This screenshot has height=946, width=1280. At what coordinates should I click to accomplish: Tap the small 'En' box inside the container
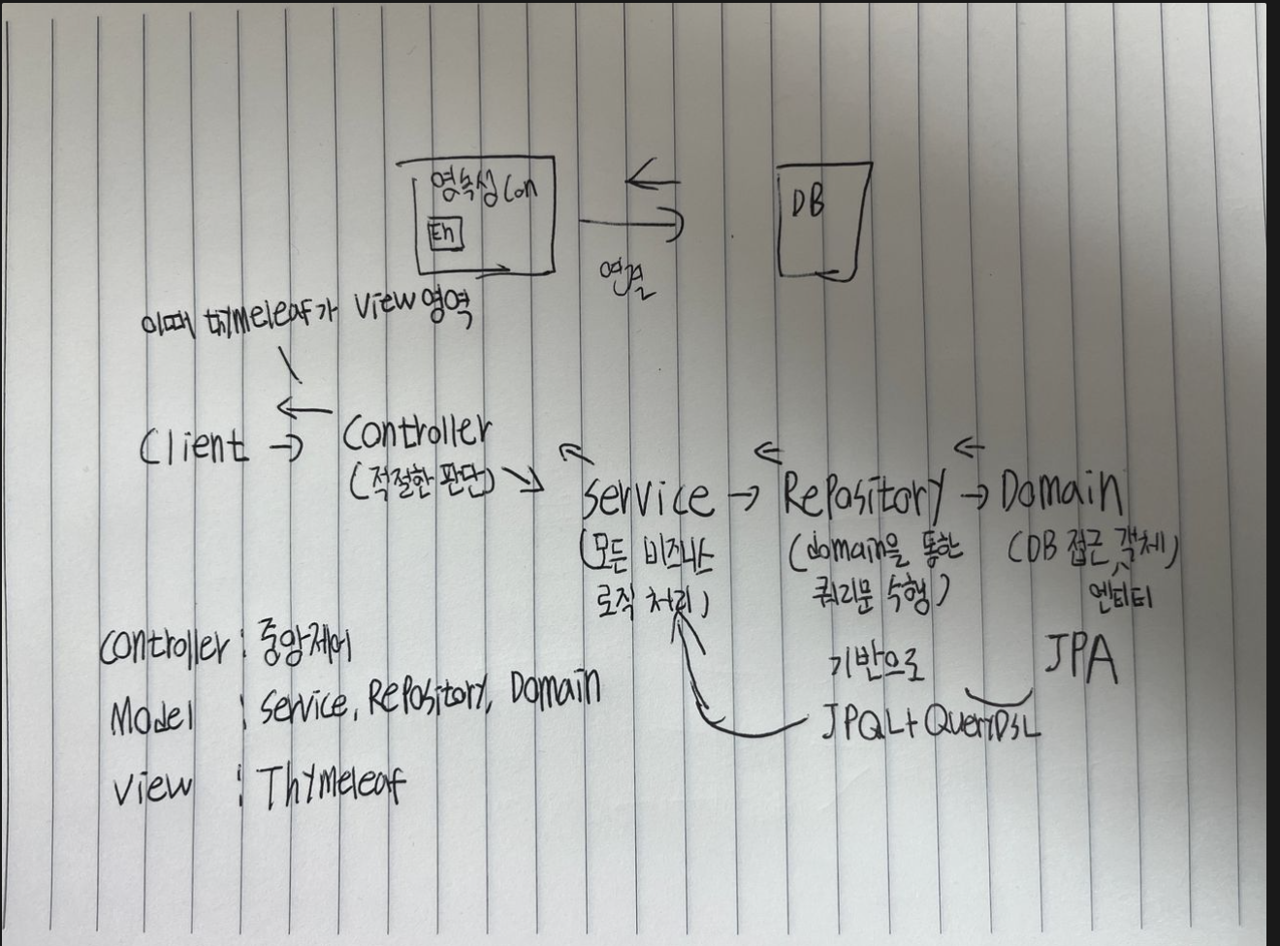(445, 234)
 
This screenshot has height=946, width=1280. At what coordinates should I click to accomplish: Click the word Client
(193, 447)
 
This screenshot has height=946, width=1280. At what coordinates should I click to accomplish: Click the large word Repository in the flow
(863, 495)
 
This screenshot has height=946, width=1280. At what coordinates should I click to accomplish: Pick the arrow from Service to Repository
(744, 497)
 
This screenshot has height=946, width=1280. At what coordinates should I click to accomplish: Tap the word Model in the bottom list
(153, 716)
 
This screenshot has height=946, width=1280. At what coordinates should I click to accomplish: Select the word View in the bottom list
(152, 788)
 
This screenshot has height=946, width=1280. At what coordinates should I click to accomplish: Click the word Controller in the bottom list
(163, 646)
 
